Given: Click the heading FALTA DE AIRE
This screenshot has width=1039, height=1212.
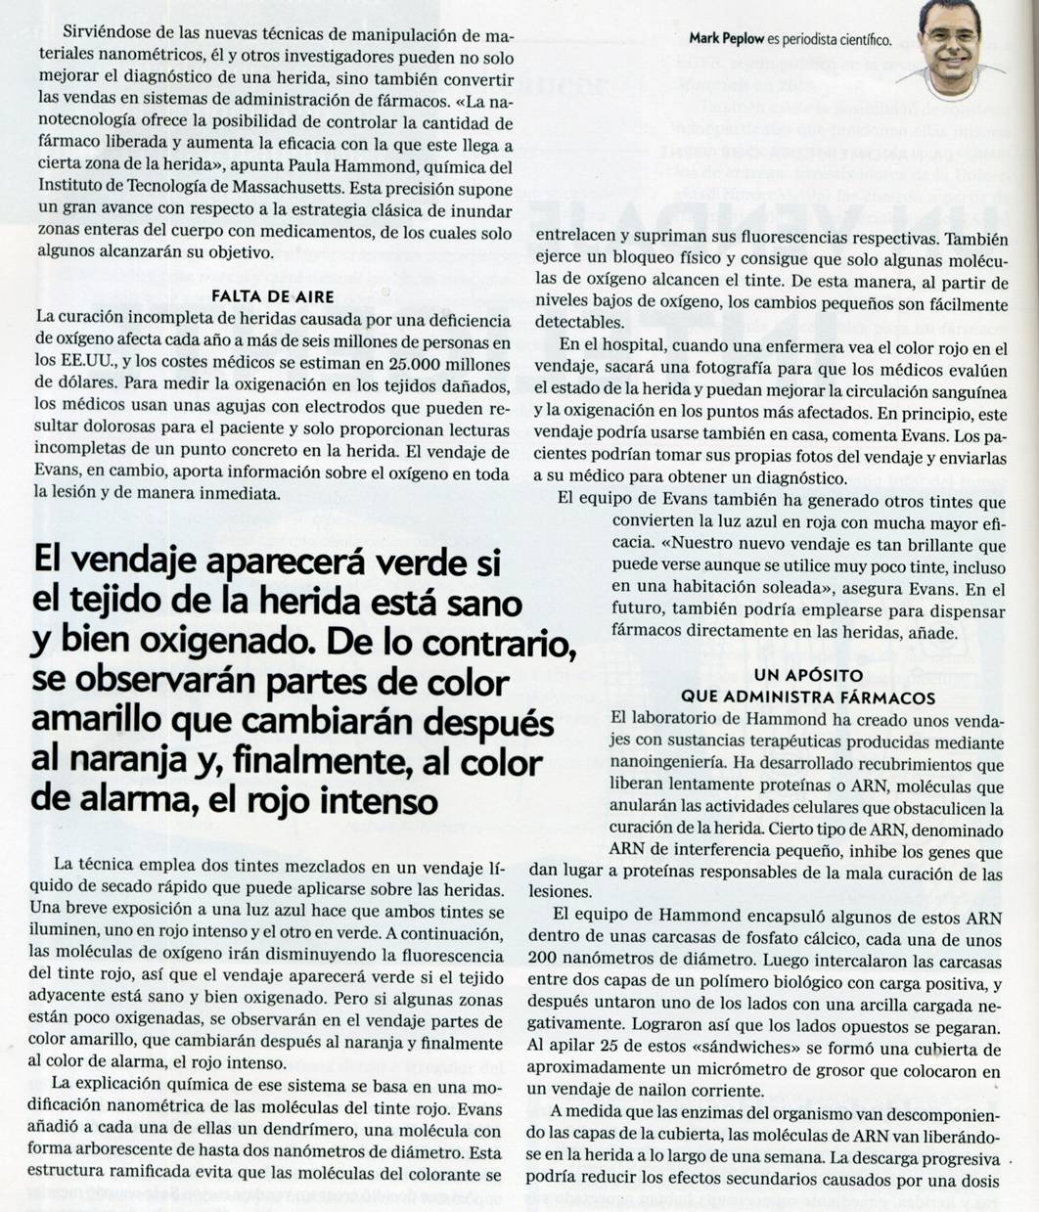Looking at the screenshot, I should pos(273,295).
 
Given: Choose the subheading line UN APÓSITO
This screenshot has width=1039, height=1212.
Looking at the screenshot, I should pos(808,676).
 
